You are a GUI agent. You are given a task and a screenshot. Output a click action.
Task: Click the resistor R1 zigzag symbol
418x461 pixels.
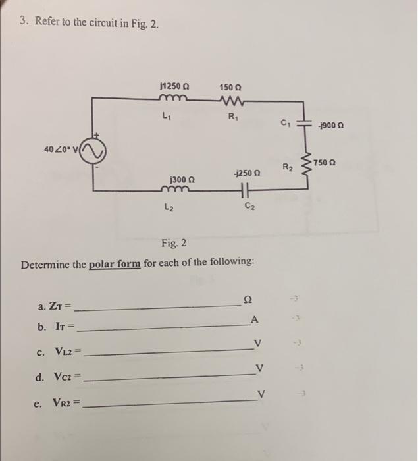coord(230,100)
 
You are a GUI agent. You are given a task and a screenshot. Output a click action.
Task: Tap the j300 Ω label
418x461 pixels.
coord(182,178)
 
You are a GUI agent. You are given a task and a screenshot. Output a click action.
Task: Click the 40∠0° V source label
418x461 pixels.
coord(63,151)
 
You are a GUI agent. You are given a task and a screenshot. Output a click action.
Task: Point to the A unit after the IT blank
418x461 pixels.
coord(253,320)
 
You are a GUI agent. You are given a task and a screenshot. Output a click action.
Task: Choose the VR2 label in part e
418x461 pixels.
coord(66,403)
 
